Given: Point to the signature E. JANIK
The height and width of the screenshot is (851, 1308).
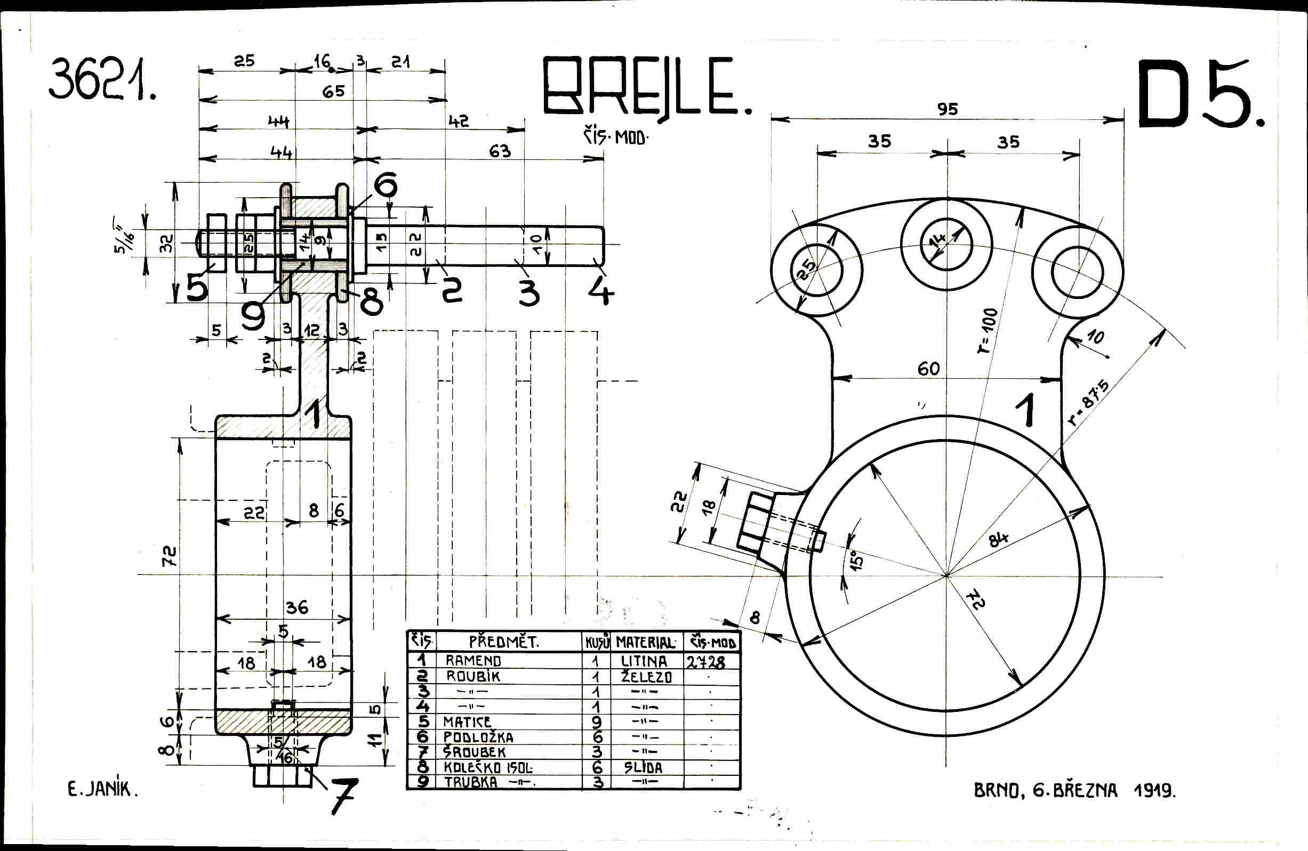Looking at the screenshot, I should pos(102,790).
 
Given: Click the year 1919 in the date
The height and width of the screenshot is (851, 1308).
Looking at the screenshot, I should pos(1154,791).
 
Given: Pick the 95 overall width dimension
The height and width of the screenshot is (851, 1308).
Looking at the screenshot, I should pos(948,109).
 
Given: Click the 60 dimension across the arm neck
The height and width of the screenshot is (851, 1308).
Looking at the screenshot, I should pos(928,369).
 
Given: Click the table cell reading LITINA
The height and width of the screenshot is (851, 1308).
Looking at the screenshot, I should pos(644,661).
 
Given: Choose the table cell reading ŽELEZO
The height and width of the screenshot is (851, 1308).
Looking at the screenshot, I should pos(646,677).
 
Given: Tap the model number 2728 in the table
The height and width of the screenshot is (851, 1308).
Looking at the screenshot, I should pos(705,661).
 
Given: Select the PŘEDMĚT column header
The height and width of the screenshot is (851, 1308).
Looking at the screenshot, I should pos(503,642).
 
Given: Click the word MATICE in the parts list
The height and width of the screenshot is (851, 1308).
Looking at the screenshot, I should pos(467,722).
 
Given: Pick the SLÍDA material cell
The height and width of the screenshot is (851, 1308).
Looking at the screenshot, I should pos(643,767).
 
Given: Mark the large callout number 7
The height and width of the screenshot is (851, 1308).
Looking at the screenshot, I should pos(343,796).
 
